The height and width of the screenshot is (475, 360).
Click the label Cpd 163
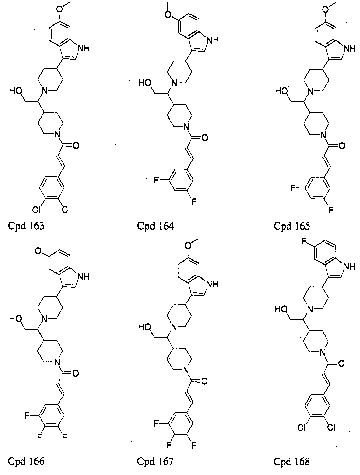click(26, 226)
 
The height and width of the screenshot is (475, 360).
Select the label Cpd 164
click(156, 226)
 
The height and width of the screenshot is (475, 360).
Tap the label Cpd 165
click(292, 226)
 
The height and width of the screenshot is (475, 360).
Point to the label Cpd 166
click(26, 461)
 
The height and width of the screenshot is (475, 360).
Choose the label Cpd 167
click(155, 462)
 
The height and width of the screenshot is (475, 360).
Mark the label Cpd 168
click(292, 462)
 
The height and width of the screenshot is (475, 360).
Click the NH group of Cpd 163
click(84, 48)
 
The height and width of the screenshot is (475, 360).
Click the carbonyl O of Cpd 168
click(341, 363)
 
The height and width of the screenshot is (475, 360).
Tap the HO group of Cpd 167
click(145, 327)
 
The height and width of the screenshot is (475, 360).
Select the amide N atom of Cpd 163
click(56, 134)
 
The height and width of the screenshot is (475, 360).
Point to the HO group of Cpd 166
click(16, 319)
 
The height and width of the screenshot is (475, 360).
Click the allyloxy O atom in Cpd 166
click(38, 251)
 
